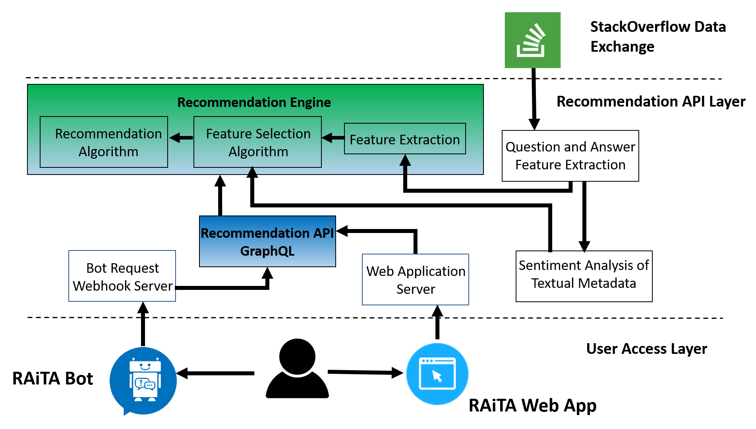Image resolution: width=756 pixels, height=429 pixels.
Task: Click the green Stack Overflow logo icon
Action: click(532, 40)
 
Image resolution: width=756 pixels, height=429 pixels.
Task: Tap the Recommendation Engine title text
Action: click(254, 103)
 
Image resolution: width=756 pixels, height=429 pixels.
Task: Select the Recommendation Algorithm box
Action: click(104, 142)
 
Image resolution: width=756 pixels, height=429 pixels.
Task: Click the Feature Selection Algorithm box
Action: click(257, 142)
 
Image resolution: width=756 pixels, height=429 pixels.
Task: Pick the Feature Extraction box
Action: click(405, 139)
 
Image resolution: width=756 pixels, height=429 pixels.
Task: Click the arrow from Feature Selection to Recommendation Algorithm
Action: click(181, 138)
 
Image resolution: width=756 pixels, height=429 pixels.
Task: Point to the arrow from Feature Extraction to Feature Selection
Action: click(333, 138)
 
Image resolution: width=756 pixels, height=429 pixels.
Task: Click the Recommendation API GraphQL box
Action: click(267, 241)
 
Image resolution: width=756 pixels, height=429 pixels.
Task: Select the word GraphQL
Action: click(267, 251)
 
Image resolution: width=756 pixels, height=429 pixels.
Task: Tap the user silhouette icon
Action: click(297, 368)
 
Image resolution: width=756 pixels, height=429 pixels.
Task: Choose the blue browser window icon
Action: click(437, 374)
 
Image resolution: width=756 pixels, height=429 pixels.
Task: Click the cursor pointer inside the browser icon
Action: click(437, 376)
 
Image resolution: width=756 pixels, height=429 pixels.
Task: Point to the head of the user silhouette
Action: click(297, 356)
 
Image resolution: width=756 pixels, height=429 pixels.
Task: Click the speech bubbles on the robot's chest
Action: click(145, 384)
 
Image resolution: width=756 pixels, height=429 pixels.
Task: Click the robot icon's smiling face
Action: click(145, 366)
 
